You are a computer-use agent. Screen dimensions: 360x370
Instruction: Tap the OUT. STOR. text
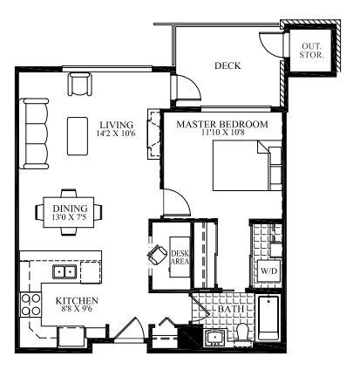[x=311, y=51]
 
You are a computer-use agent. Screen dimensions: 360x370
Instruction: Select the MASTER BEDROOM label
[x=222, y=124]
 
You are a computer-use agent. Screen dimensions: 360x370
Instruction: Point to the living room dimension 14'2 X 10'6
[x=116, y=134]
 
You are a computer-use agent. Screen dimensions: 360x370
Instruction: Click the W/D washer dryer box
[x=269, y=271]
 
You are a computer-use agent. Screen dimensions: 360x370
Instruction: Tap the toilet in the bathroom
[x=242, y=333]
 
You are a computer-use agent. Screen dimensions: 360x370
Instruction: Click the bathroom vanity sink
[x=215, y=338]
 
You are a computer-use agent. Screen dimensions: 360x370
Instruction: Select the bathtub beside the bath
[x=268, y=318]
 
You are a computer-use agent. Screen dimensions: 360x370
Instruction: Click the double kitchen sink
[x=65, y=272]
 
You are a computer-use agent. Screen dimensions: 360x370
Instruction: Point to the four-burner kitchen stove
[x=31, y=305]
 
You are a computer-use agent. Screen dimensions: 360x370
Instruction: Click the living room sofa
[x=35, y=134]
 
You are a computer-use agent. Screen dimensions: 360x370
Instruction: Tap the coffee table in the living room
[x=78, y=136]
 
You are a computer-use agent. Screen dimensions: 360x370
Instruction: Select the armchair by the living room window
[x=80, y=84]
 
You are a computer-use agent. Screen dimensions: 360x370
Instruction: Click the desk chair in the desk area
[x=157, y=254]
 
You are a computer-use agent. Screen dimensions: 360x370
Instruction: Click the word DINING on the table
[x=70, y=209]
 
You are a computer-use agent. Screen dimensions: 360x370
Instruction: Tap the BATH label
[x=231, y=309]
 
